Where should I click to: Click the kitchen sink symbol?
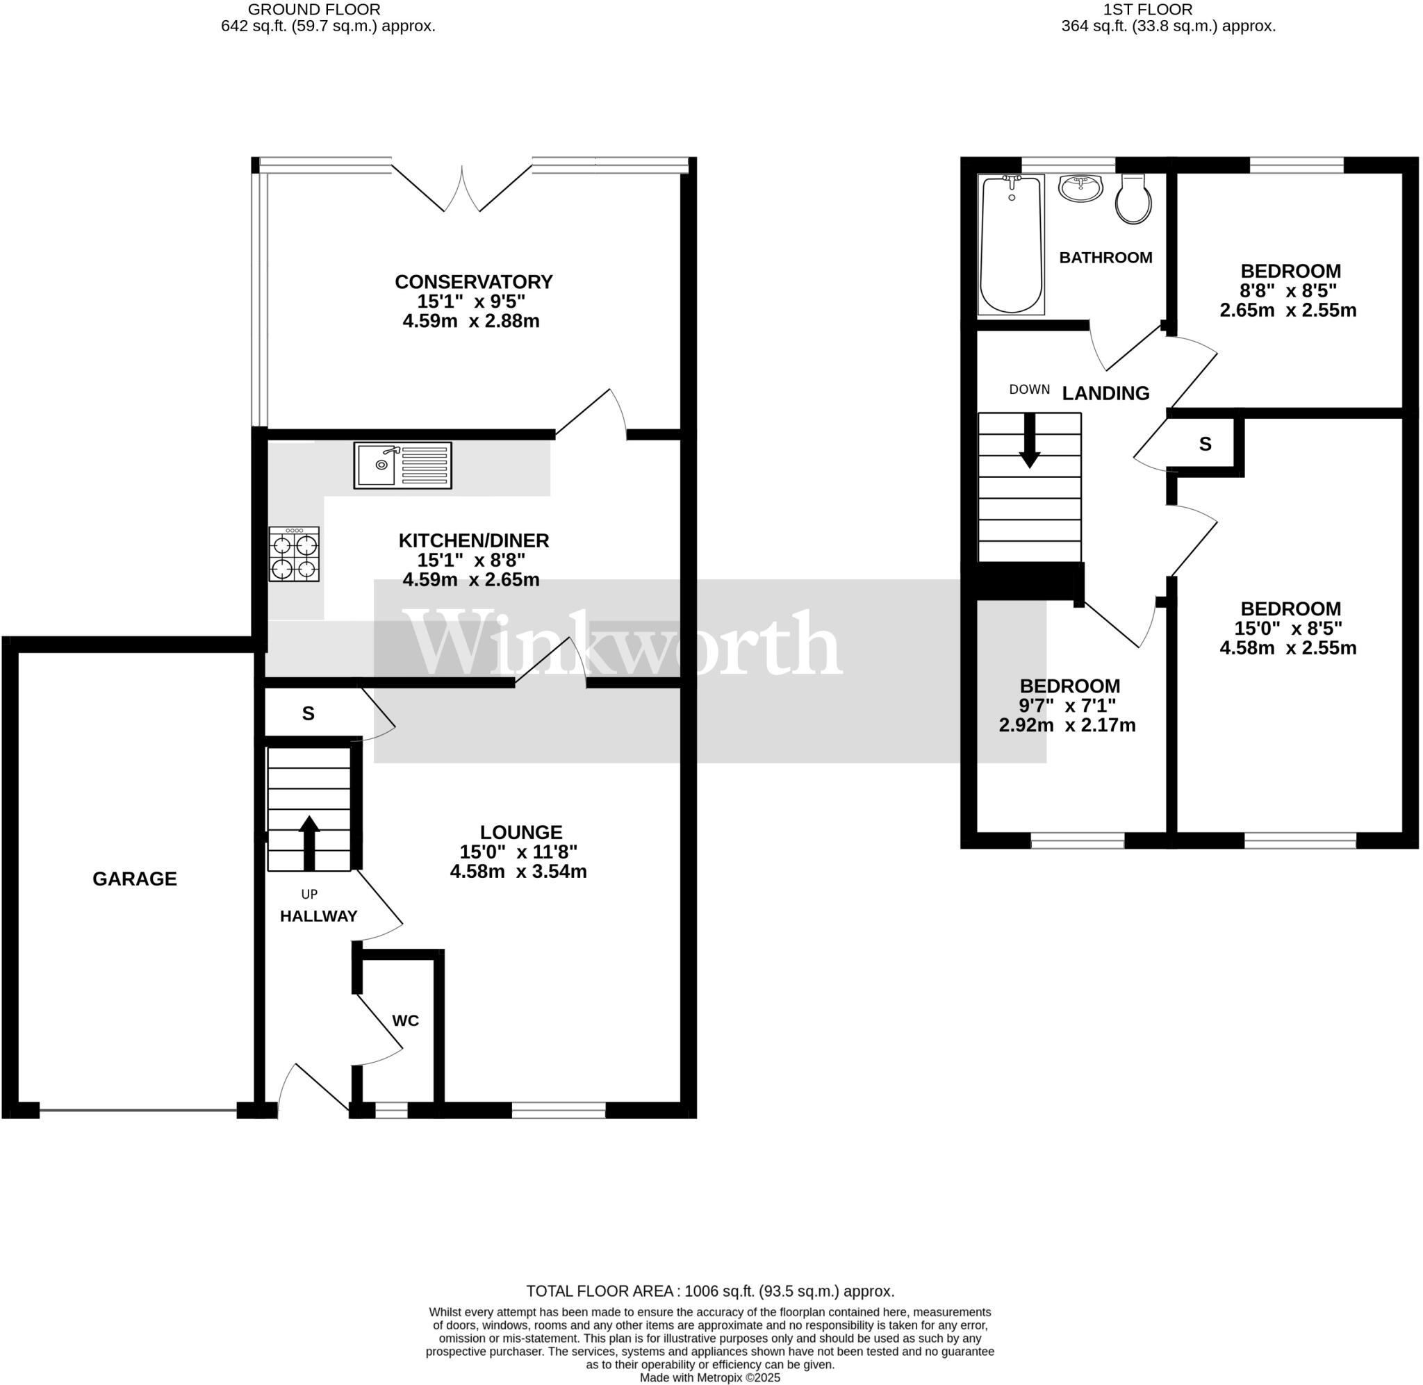coord(402,465)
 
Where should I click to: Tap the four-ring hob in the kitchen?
coord(294,554)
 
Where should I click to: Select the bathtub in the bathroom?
coord(1010,244)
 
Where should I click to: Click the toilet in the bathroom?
coord(1133,199)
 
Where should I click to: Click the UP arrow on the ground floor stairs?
coord(309,843)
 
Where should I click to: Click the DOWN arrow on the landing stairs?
coord(1030,441)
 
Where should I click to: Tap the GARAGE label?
coord(135,879)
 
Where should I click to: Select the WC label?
coord(405,1020)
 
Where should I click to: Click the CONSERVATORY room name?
coord(474,281)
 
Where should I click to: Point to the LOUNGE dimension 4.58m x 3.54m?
coord(518,872)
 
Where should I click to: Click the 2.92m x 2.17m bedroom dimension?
coord(1067,725)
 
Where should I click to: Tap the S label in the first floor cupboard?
coord(1205,444)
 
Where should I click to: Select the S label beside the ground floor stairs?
coord(309,713)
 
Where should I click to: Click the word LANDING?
coord(1105,394)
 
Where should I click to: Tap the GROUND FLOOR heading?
coord(313,10)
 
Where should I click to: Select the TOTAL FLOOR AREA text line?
coord(710,1291)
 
